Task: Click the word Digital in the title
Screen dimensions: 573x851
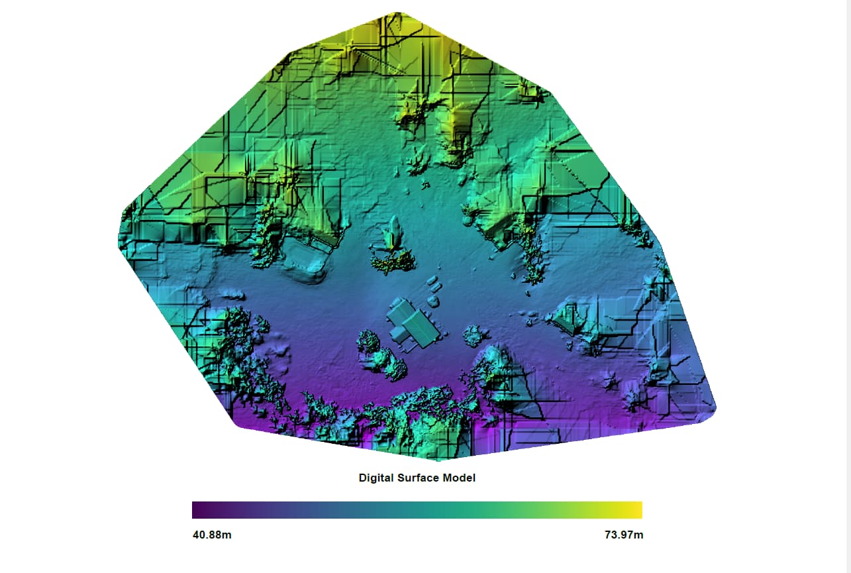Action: tap(376, 478)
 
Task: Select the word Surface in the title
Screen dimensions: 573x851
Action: tap(419, 478)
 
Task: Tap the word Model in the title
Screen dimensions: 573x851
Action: tap(459, 478)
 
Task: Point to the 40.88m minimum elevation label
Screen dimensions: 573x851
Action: tap(211, 535)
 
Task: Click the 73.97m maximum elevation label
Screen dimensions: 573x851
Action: tap(623, 535)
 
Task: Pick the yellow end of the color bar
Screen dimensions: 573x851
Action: tap(637, 510)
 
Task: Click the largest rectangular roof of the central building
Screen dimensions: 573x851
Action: tap(419, 329)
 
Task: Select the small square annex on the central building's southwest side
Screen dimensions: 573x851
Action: tap(397, 332)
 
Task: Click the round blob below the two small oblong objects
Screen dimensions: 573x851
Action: tap(434, 301)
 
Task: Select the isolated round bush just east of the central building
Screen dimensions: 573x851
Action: tap(473, 336)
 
